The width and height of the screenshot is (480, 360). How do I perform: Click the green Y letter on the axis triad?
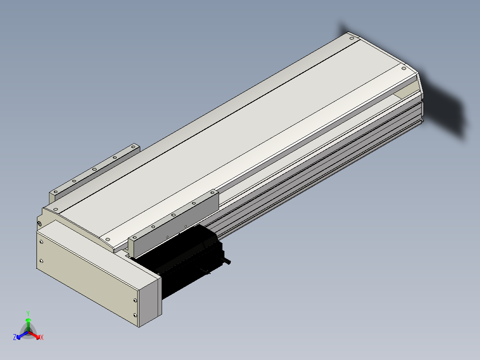click(x=28, y=313)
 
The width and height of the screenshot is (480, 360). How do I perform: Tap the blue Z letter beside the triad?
click(x=14, y=337)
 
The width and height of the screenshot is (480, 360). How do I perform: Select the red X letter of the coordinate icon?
click(x=42, y=337)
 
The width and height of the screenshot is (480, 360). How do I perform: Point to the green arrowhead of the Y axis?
click(x=28, y=320)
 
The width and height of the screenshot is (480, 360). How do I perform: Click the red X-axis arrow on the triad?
click(x=34, y=335)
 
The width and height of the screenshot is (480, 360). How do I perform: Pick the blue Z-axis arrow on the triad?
click(x=23, y=335)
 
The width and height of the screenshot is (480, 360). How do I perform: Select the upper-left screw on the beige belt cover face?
click(x=41, y=242)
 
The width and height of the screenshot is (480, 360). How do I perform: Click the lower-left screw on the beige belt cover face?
click(x=41, y=261)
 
